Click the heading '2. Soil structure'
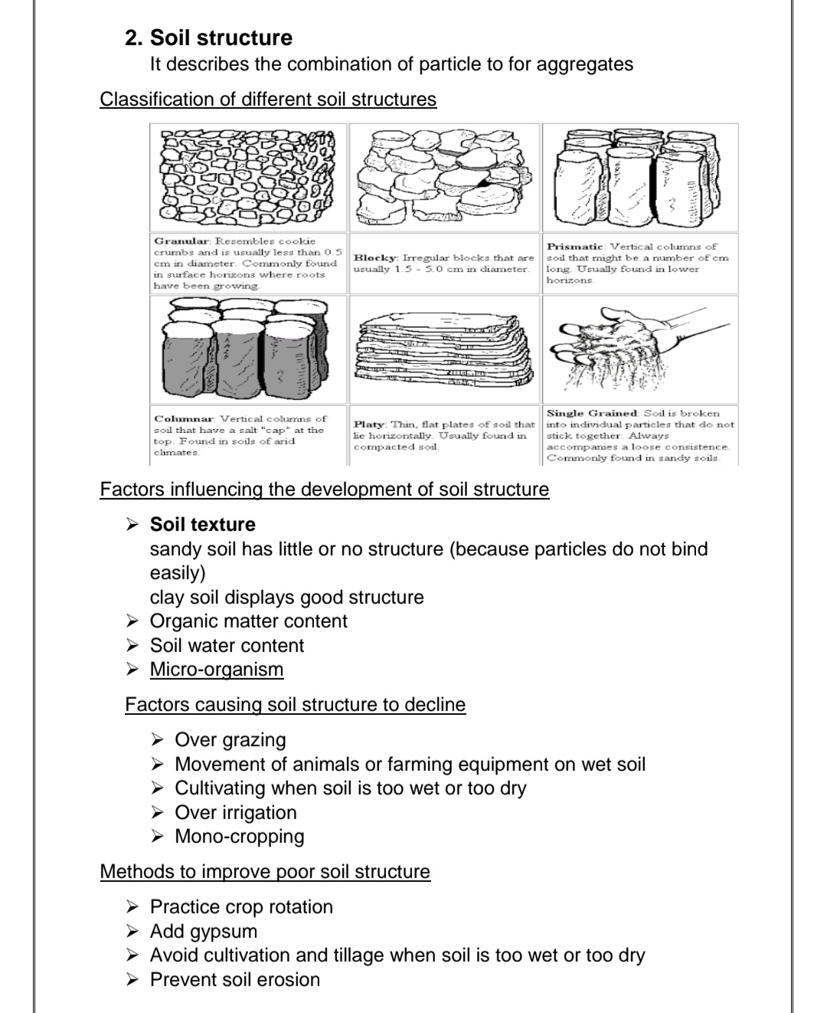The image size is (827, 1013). point(208,38)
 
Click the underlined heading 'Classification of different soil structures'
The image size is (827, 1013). point(268,100)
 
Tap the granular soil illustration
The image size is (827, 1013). point(248,177)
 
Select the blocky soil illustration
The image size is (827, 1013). point(444,177)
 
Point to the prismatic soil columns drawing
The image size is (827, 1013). point(640,177)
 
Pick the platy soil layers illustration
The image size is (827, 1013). point(444,348)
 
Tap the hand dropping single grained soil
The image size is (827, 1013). point(640,346)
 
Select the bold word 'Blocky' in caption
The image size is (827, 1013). point(374,258)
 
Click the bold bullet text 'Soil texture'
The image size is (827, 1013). point(202,525)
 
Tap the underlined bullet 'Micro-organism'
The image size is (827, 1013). point(216,670)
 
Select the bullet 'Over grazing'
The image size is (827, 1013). point(230,740)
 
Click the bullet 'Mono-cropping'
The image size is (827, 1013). point(239,837)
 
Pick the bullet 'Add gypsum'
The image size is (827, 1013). point(203,932)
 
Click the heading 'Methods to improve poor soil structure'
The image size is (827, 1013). point(265,872)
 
